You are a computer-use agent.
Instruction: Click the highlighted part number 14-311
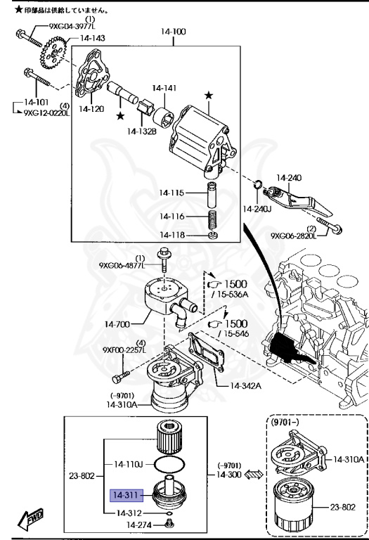[126, 494]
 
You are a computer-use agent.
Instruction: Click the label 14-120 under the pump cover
[92, 109]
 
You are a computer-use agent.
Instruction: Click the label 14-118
[172, 235]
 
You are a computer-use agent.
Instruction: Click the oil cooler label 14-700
[119, 324]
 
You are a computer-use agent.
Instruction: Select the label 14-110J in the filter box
[129, 464]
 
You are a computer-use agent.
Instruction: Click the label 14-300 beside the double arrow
[230, 475]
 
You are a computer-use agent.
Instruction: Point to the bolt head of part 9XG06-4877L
[165, 254]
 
